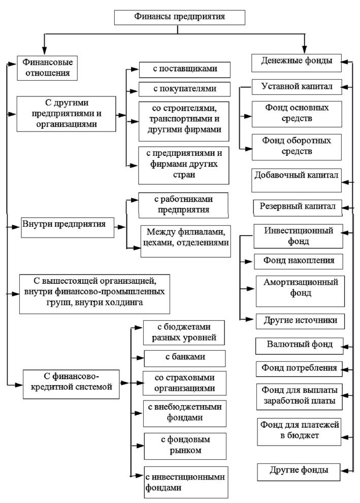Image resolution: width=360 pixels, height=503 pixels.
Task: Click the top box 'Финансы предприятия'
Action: (180, 17)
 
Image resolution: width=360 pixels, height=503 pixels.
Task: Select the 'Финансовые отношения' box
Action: (47, 68)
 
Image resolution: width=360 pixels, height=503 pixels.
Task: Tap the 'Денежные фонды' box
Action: (297, 63)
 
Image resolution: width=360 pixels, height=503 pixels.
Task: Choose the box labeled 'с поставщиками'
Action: (184, 70)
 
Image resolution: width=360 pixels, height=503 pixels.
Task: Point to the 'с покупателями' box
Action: (184, 89)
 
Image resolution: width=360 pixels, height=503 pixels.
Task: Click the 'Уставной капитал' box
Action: (297, 87)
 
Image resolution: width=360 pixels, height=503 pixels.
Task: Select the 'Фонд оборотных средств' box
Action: (297, 147)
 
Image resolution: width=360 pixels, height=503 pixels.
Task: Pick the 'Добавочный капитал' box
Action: (297, 180)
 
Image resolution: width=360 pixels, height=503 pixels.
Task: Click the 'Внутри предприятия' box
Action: (68, 227)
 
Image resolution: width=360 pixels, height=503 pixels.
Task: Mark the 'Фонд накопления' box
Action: (299, 261)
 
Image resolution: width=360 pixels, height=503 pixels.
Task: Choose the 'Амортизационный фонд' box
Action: (300, 291)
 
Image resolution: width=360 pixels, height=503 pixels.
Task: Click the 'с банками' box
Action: (185, 358)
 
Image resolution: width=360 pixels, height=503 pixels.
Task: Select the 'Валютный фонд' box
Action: (300, 346)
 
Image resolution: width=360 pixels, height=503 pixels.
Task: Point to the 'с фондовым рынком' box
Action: (185, 446)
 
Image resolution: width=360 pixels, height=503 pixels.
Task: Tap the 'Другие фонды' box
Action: (299, 472)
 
